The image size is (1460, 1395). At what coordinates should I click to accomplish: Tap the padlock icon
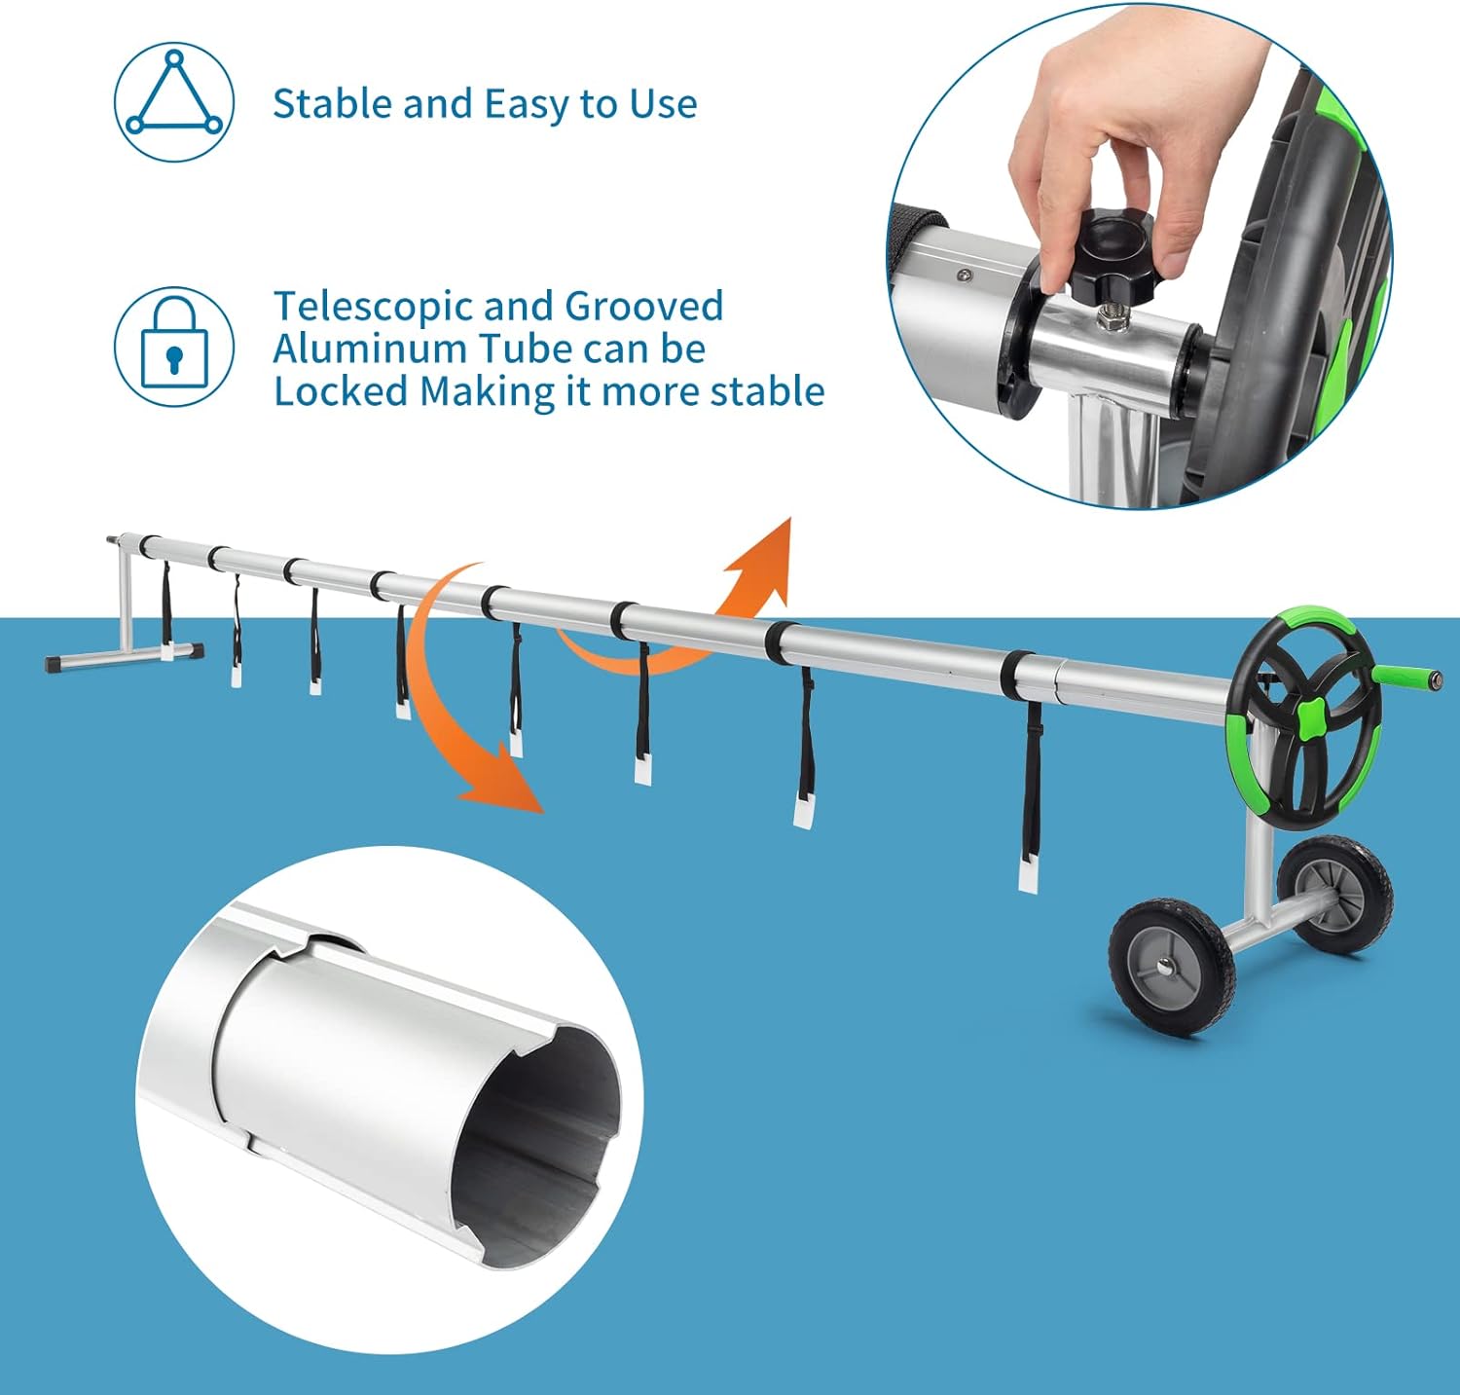click(174, 347)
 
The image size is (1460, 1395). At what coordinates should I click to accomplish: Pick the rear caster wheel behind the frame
click(1335, 892)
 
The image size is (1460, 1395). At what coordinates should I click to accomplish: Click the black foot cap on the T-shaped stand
click(58, 662)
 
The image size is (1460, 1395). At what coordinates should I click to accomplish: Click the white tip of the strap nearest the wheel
click(1028, 873)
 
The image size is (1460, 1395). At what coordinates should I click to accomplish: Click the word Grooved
click(644, 306)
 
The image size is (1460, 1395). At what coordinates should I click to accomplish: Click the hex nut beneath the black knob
click(1110, 315)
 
